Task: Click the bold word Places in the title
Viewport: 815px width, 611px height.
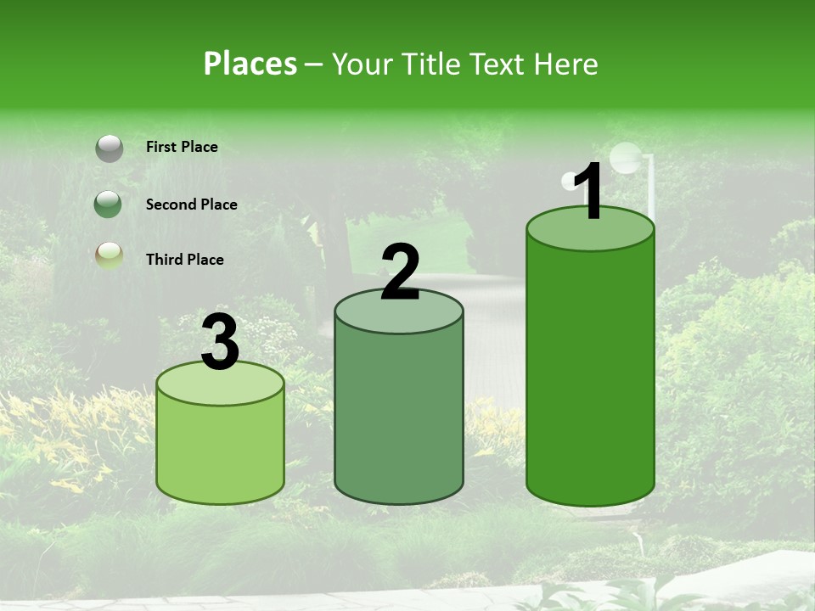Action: tap(250, 64)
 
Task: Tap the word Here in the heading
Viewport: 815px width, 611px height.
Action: tap(566, 64)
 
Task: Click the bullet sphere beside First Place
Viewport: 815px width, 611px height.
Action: tap(109, 148)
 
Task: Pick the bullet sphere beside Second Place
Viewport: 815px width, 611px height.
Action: tap(109, 205)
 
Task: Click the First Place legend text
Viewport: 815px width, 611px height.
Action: tap(182, 147)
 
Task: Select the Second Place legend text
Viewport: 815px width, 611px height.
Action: tap(191, 205)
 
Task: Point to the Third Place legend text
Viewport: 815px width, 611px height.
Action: tap(184, 260)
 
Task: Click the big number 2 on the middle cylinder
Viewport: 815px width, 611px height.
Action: tap(401, 272)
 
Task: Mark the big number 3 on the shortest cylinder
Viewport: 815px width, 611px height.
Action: tap(220, 342)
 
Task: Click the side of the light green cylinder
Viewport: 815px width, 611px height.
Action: tap(220, 454)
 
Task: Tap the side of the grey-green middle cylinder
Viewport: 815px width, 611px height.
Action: tap(399, 416)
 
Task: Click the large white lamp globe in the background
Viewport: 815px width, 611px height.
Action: tap(627, 158)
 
